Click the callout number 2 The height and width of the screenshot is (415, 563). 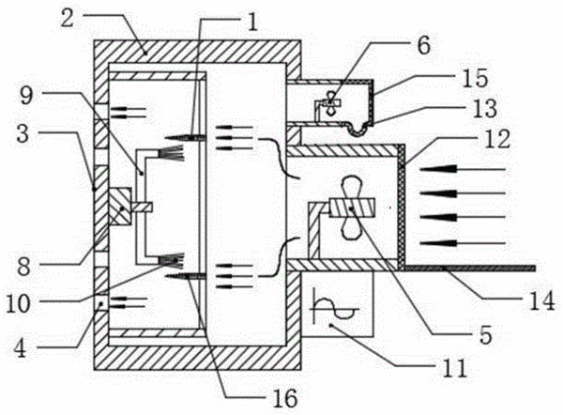(x=68, y=18)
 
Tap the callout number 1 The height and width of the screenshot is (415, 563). (x=253, y=22)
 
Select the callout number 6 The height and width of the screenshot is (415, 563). (x=424, y=46)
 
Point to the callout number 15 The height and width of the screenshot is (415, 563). (x=476, y=78)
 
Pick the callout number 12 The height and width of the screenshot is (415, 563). (x=497, y=139)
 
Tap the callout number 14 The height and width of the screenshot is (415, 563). (x=541, y=301)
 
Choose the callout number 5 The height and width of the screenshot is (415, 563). (x=485, y=335)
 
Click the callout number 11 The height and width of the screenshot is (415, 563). (x=454, y=367)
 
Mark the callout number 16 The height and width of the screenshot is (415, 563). (x=285, y=398)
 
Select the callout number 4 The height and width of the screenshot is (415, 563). (x=20, y=347)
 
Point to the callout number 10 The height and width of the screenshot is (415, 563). (x=18, y=303)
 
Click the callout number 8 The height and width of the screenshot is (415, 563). (x=23, y=267)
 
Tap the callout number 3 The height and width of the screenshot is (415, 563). (x=23, y=134)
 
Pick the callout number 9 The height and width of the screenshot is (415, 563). (x=26, y=96)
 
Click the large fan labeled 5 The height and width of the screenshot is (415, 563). (x=352, y=208)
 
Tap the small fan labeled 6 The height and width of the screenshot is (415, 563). (x=329, y=102)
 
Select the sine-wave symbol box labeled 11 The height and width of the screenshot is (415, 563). (x=338, y=303)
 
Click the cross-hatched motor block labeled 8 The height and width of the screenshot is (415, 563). (x=120, y=207)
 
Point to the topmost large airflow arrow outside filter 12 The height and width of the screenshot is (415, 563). (x=463, y=169)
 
